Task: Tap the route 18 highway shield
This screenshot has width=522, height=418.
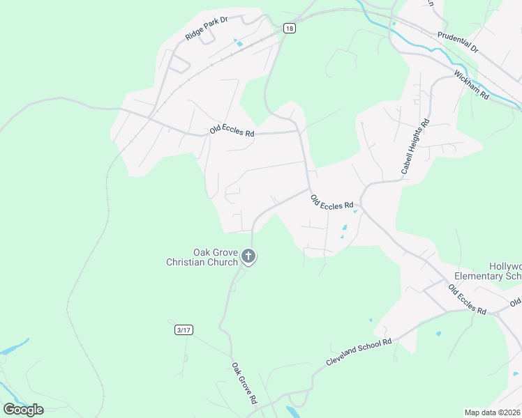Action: (x=290, y=28)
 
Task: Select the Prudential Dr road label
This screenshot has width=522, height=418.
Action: (x=458, y=42)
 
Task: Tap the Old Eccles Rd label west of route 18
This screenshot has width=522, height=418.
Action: (x=232, y=130)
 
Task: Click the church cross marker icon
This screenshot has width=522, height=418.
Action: (x=248, y=258)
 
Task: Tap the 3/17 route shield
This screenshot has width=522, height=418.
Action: (x=183, y=330)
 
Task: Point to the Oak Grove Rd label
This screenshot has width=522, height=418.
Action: (x=244, y=383)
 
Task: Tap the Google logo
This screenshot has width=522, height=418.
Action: (x=23, y=409)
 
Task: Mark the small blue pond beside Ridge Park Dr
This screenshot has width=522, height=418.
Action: (x=239, y=43)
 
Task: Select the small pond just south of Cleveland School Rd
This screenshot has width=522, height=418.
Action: (x=438, y=334)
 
